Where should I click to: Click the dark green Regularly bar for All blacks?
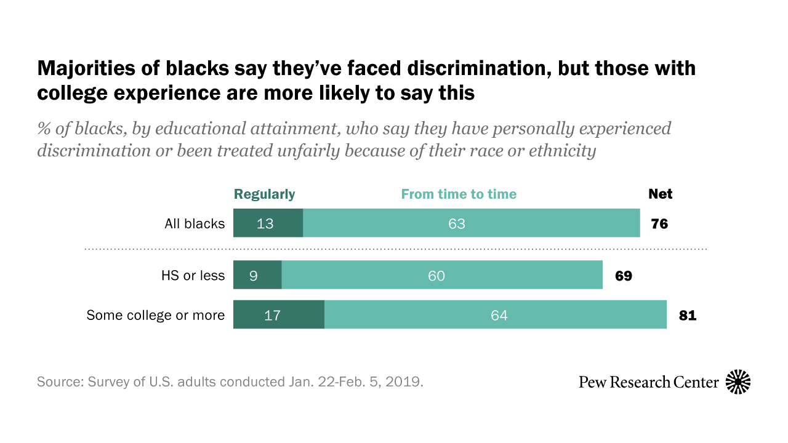pos(268,223)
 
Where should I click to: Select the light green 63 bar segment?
pos(471,223)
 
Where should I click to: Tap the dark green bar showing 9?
pos(257,275)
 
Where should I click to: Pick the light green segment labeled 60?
pos(441,275)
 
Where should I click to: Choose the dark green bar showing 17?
pos(278,314)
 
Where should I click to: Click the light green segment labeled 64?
pos(496,314)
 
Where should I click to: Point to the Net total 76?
pos(659,223)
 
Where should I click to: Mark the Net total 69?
pos(624,275)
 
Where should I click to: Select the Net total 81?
pos(688,316)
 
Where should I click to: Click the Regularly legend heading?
pos(264,194)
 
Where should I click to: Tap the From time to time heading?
pos(459,194)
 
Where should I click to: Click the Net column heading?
pos(660,194)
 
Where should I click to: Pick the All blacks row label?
pos(195,224)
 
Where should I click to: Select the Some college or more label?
pos(155,316)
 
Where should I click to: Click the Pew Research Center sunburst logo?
pos(738,382)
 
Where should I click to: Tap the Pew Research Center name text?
pos(648,382)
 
